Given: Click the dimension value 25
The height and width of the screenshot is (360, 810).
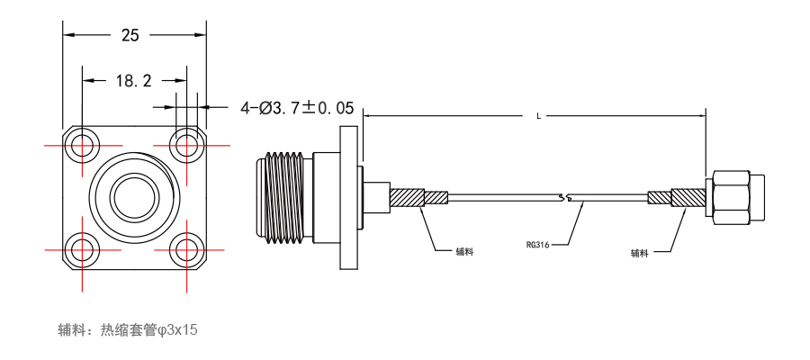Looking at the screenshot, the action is click(x=130, y=35).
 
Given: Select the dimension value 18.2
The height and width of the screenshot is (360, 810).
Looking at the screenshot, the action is click(x=133, y=81).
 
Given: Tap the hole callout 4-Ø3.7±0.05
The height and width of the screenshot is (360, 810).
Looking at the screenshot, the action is click(x=297, y=108).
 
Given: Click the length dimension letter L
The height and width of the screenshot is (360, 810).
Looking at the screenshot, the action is click(x=539, y=116).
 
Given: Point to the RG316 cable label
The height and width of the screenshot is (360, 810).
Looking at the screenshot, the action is click(x=537, y=245).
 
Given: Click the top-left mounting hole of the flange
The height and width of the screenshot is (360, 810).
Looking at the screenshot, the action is click(x=82, y=146).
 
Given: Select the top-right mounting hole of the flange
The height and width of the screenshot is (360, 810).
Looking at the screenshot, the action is click(x=186, y=146).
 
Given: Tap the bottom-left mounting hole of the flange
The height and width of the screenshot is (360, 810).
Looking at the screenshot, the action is click(x=82, y=250).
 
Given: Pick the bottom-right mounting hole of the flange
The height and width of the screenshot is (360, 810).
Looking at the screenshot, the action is click(x=186, y=250).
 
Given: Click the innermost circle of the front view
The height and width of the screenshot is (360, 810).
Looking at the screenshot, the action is click(x=134, y=197).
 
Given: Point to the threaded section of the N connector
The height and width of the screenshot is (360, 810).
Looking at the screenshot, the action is click(x=285, y=197).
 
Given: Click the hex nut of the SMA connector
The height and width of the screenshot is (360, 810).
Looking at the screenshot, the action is click(x=732, y=198).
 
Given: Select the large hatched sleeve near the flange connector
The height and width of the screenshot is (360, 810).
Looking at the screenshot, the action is click(x=407, y=198).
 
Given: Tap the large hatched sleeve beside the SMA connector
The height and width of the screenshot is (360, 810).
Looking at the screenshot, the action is click(x=688, y=197).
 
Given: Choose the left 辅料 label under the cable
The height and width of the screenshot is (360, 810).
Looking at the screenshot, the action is click(x=464, y=251).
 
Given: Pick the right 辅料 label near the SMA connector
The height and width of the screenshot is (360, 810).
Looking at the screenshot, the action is click(x=639, y=253).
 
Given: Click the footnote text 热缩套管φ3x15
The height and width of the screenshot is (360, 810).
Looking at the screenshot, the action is click(x=148, y=329).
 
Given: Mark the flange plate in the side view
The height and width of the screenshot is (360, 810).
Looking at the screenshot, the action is click(x=348, y=197).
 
